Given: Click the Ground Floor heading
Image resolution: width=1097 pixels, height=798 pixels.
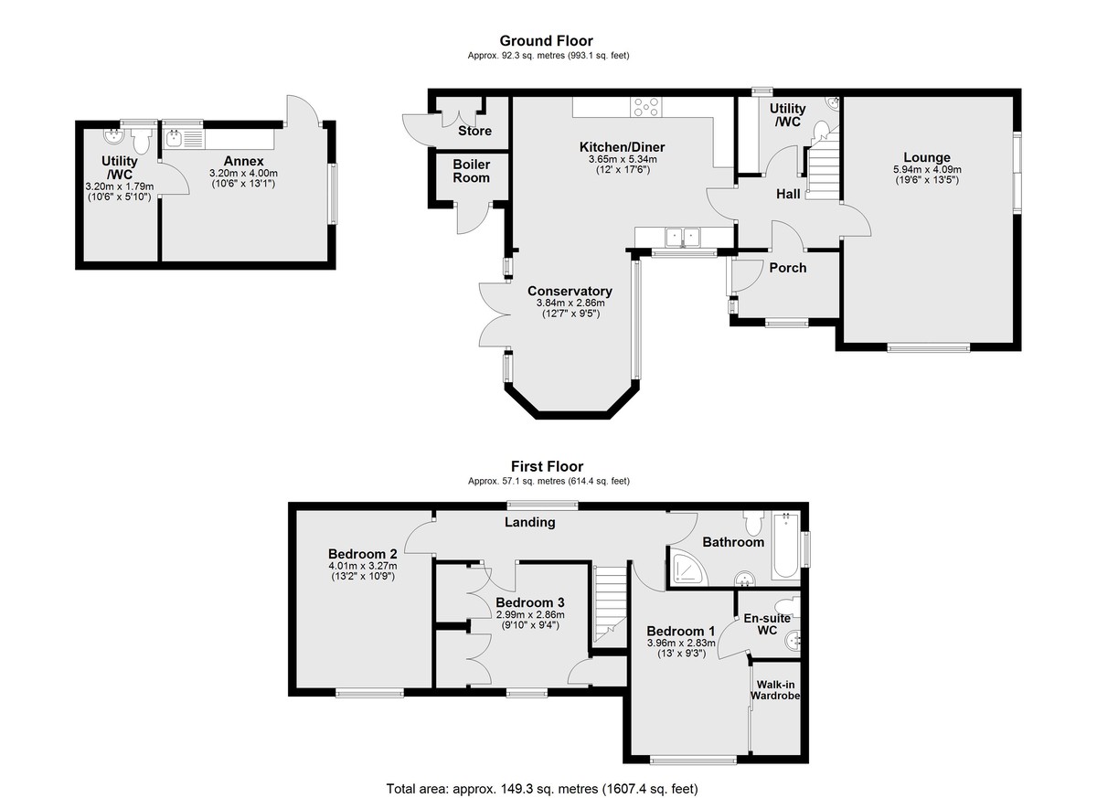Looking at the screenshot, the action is (x=546, y=40).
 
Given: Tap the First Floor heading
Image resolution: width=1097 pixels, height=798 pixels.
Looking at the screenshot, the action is (x=547, y=466).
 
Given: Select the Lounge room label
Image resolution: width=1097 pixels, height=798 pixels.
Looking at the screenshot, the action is (x=927, y=157).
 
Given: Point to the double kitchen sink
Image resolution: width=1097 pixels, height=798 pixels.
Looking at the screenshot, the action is (x=683, y=238).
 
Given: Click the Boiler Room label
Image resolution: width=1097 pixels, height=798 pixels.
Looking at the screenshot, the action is (x=471, y=171).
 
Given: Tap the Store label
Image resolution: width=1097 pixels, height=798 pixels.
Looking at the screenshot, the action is (x=474, y=131).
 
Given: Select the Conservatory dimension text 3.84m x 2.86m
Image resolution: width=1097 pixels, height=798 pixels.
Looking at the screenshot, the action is (x=570, y=303).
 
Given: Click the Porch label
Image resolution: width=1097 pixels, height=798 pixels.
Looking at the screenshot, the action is (x=787, y=268).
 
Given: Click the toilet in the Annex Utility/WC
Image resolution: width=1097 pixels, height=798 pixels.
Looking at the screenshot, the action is (x=142, y=142).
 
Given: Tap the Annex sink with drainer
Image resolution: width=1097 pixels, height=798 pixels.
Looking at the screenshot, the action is (x=184, y=139).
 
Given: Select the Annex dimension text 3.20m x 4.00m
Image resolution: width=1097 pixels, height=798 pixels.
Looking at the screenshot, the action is (x=243, y=174).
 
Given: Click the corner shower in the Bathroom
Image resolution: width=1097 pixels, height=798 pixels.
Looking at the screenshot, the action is (x=689, y=568).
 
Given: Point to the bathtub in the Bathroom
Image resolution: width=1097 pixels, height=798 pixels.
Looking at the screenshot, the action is (x=786, y=546).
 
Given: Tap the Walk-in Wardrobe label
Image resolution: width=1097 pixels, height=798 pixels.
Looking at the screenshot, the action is (x=775, y=690).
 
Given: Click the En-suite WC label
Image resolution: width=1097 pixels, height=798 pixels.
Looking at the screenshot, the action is (x=767, y=624).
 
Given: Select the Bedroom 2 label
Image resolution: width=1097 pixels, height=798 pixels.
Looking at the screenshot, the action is (x=362, y=554).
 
